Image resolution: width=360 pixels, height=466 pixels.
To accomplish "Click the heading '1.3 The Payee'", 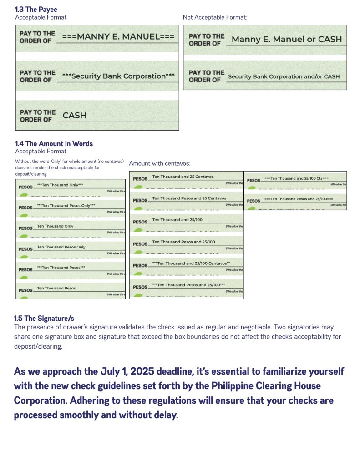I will [x=36, y=9].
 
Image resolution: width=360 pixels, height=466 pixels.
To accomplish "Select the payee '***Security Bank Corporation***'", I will [x=118, y=76].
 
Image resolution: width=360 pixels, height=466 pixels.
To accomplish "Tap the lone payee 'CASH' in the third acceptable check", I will [x=75, y=115].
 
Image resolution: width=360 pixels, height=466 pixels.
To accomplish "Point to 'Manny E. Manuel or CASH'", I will [x=286, y=39].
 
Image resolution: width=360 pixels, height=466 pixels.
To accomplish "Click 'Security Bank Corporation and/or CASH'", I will [x=284, y=76].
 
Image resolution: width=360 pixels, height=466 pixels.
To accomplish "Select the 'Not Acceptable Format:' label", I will [x=215, y=17].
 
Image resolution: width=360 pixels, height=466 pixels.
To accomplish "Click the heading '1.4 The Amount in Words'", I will [x=54, y=143].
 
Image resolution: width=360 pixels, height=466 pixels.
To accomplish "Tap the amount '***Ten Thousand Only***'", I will [x=60, y=185].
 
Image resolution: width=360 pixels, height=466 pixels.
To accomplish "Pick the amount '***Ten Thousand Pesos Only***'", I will [x=66, y=206].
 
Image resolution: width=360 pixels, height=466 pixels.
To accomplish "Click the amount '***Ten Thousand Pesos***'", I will [x=61, y=268].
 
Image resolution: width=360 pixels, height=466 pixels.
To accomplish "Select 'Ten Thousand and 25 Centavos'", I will [x=183, y=177].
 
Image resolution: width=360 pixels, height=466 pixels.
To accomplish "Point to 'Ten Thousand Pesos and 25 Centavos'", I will [x=189, y=198].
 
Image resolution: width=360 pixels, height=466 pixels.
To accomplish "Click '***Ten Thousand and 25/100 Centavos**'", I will [x=191, y=263].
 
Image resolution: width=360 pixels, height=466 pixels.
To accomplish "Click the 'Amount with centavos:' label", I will [x=160, y=163].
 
